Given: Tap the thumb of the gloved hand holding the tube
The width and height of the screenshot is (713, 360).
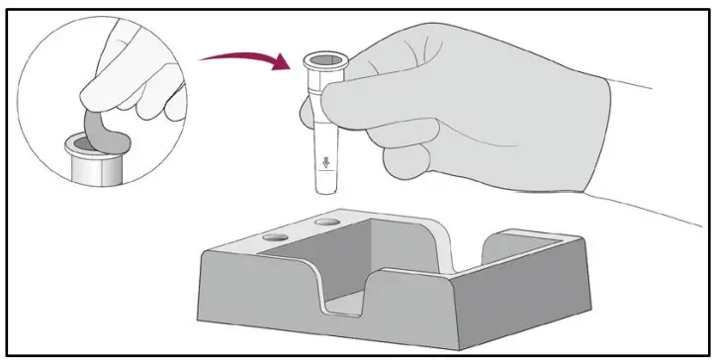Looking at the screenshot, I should click(361, 99).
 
